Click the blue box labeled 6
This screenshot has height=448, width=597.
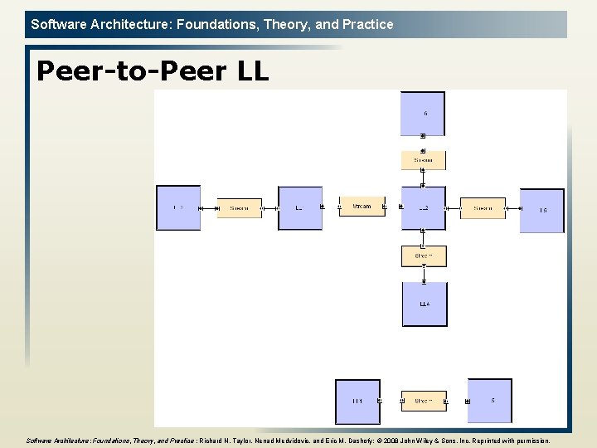pyautogui.click(x=423, y=113)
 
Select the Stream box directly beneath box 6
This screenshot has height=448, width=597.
pyautogui.click(x=423, y=160)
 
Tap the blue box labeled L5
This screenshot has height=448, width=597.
pyautogui.click(x=541, y=211)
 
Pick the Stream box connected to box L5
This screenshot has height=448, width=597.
pyautogui.click(x=483, y=208)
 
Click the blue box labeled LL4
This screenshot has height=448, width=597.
pyautogui.click(x=425, y=304)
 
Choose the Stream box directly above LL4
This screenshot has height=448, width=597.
pyautogui.click(x=424, y=256)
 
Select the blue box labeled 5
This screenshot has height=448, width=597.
pyautogui.click(x=490, y=401)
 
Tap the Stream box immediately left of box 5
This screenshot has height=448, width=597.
pyautogui.click(x=424, y=401)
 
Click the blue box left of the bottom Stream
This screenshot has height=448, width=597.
pyautogui.click(x=357, y=402)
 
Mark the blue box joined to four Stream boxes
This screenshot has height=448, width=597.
pyautogui.click(x=423, y=207)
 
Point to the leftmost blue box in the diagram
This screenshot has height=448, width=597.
pyautogui.click(x=178, y=207)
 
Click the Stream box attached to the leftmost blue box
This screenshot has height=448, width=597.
pyautogui.click(x=239, y=208)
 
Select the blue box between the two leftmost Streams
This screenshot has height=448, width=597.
pyautogui.click(x=299, y=208)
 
